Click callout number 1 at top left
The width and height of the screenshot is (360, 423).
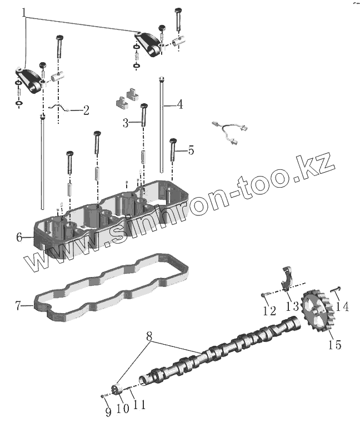coord(25,12)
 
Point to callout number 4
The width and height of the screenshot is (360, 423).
coord(179,104)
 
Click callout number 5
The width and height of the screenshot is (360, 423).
coord(191,149)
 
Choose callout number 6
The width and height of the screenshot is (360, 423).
coord(19,237)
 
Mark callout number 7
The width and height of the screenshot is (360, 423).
coord(18,305)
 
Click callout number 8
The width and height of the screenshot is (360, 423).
coord(149,336)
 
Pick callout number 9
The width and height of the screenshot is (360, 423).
coord(108,411)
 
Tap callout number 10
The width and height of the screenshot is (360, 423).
coord(122,408)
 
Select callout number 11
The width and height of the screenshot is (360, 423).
coord(139,405)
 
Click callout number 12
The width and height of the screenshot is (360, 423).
coord(269,311)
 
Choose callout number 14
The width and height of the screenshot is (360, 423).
coord(342,306)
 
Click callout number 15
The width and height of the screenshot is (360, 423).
coord(334,345)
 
